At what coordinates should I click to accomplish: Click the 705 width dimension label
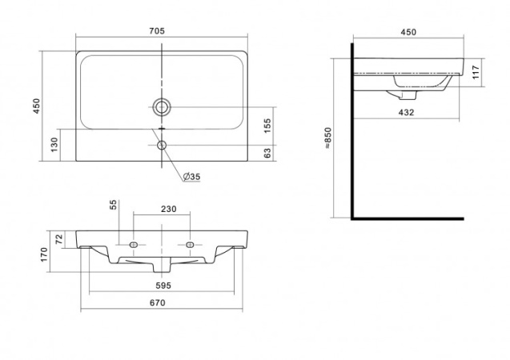157,31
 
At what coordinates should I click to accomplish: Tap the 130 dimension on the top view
54,144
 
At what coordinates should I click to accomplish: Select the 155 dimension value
267,126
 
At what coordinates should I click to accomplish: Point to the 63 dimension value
267,153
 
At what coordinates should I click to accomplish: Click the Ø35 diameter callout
191,177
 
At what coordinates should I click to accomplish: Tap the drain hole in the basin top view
162,106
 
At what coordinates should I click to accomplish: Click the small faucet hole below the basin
162,145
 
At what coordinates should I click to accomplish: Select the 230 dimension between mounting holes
168,209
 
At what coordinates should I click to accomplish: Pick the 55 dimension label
113,205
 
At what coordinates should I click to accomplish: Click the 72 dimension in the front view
59,239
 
